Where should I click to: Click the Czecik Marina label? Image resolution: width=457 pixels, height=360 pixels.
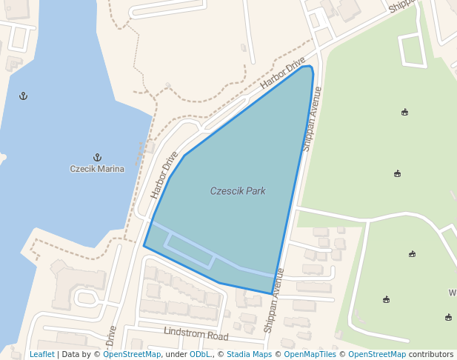(97, 169)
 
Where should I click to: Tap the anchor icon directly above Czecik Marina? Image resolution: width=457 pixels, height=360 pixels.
(97, 156)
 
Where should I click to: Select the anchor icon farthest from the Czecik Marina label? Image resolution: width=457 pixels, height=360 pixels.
(23, 96)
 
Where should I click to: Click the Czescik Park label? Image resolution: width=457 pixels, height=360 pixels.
(238, 191)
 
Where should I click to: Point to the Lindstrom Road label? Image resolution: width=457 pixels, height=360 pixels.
(196, 335)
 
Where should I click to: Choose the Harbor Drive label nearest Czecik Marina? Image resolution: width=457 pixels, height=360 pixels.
(164, 176)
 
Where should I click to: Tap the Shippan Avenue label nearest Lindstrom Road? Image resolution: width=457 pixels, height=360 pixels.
(273, 300)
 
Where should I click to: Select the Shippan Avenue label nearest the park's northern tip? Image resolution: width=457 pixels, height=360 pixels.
(311, 119)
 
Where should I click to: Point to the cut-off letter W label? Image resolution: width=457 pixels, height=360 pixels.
(452, 293)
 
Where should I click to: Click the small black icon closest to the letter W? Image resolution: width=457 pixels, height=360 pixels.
(449, 317)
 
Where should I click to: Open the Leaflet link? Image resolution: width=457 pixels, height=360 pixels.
(42, 354)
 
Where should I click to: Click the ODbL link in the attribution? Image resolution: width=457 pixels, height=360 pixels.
(201, 354)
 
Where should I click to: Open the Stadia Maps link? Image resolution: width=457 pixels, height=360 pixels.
(249, 354)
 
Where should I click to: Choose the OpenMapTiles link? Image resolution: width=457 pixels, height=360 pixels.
(310, 354)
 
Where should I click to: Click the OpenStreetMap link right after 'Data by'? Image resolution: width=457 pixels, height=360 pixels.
(132, 354)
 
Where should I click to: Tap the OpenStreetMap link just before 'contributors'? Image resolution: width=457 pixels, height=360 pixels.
(377, 354)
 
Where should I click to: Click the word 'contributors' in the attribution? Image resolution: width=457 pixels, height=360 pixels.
(431, 354)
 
